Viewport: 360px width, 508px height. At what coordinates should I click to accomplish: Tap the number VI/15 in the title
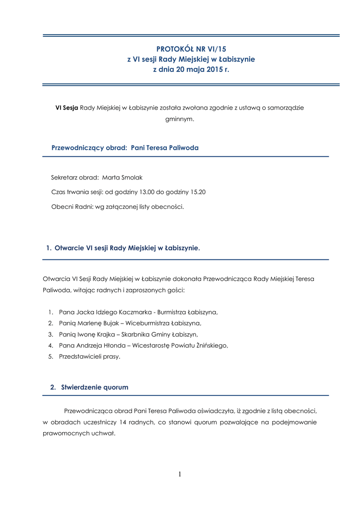(x=216, y=49)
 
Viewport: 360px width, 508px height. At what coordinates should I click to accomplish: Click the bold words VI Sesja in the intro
(x=67, y=107)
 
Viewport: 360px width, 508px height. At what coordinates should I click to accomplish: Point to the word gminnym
(x=179, y=119)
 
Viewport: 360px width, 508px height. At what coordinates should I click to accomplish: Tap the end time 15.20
(x=198, y=192)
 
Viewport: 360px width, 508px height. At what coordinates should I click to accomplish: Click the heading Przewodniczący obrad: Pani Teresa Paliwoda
(x=125, y=148)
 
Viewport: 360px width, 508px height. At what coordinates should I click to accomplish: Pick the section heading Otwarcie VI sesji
(x=128, y=248)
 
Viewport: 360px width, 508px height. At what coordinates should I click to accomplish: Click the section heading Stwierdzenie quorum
(x=94, y=387)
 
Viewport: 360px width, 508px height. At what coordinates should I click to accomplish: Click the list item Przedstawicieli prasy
(x=89, y=357)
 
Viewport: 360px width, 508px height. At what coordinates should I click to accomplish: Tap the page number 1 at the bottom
(x=180, y=475)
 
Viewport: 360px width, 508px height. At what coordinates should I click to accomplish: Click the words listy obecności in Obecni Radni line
(x=164, y=206)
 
